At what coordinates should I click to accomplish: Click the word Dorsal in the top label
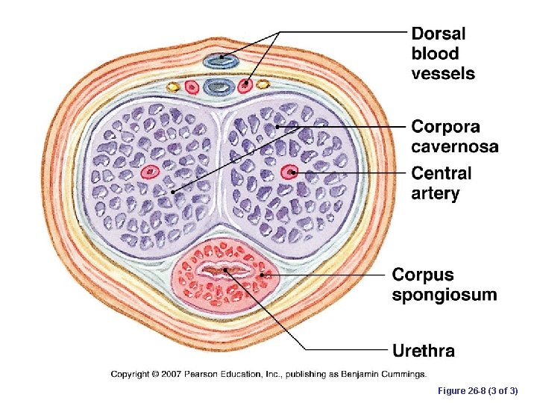point(439,34)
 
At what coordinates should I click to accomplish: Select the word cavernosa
point(455,146)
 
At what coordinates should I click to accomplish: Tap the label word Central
point(442,173)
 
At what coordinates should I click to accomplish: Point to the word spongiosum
point(445,294)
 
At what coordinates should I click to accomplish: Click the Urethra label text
point(424,350)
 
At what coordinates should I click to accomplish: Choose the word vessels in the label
point(443,73)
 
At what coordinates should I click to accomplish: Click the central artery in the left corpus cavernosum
point(152,172)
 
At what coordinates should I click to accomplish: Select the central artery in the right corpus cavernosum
point(289,172)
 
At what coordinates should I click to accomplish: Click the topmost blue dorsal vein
point(221,57)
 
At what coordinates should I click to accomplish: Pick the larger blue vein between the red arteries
point(219,87)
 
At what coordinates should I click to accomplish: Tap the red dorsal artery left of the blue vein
point(192,87)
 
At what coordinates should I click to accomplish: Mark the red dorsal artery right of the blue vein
point(245,87)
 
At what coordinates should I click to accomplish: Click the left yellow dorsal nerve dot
point(173,87)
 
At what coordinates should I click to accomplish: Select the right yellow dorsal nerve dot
point(263,85)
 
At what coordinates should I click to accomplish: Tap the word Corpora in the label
point(446,127)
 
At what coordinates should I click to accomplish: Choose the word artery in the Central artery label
point(436,193)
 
